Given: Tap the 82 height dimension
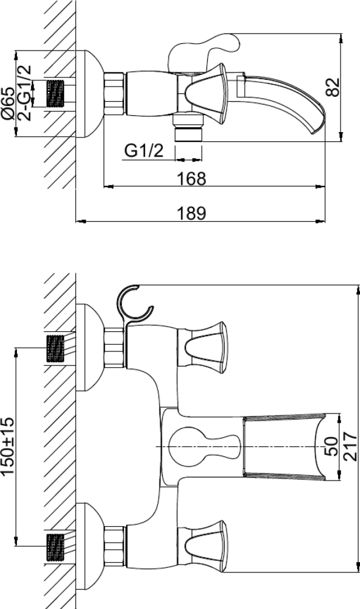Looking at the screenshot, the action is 333,87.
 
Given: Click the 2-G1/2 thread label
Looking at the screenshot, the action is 24,93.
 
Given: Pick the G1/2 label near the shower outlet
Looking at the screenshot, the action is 144,150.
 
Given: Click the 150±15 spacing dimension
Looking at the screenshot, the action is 8,446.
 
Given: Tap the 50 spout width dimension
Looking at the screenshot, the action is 331,446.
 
